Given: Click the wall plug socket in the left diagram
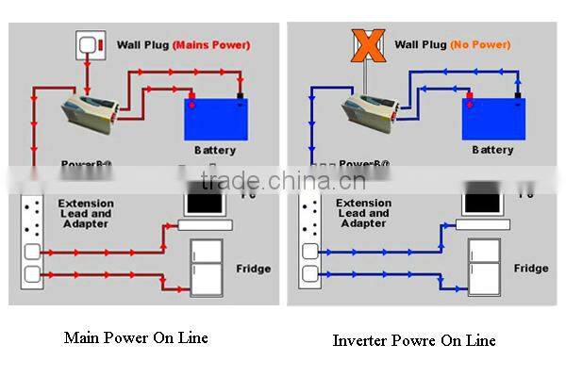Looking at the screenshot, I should point(89,44).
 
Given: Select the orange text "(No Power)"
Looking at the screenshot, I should point(479,44).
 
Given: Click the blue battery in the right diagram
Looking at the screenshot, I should point(492,118).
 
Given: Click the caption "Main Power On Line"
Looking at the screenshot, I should point(136,336).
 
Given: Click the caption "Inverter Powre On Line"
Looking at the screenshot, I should point(413,340).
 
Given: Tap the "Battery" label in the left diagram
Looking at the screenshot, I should point(215,151).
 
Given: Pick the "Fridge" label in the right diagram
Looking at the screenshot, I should point(531,269).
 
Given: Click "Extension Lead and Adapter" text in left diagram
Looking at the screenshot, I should point(86,213).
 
